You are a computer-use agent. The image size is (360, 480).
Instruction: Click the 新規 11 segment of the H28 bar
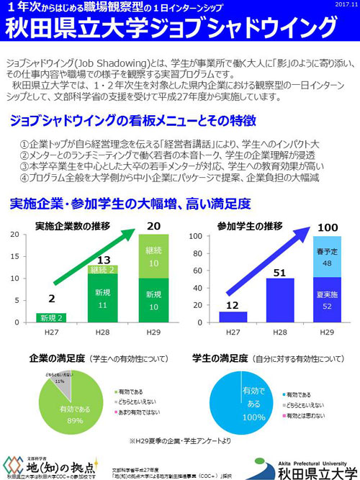103,299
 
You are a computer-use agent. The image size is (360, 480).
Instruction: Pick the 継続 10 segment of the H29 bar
153,255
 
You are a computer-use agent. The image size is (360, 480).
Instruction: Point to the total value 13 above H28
103,260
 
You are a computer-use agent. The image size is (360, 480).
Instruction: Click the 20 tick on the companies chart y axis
14,235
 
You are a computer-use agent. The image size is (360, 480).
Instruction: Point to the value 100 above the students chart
328,227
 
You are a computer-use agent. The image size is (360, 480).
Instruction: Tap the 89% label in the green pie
71,420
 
